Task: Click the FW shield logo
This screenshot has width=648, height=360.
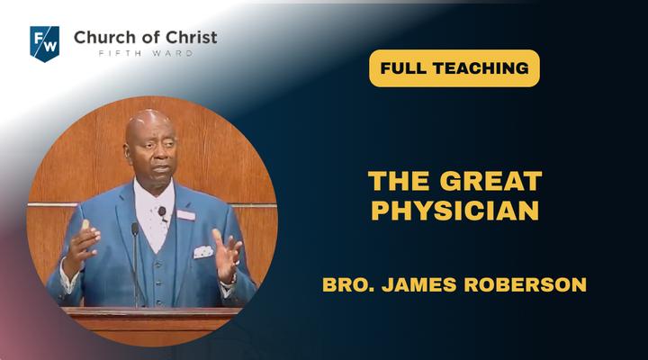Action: pos(45,44)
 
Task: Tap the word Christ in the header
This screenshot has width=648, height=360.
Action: pos(192,38)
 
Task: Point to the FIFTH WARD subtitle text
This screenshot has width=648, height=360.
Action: pos(146,53)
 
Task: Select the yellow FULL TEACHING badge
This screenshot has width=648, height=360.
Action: pos(454,68)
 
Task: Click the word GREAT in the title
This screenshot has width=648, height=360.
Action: pos(491,181)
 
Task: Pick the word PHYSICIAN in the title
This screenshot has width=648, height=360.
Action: pos(454,211)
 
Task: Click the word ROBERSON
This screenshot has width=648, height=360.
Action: pos(526,284)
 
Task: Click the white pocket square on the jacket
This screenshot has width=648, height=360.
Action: pos(203,252)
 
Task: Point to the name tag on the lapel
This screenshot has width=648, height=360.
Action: pos(185,215)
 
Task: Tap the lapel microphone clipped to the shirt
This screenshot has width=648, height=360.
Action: pos(162,212)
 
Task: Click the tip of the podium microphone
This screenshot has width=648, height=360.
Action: pos(135,226)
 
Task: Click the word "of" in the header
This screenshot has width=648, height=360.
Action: pos(151,38)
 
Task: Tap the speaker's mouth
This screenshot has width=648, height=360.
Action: pos(161,169)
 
